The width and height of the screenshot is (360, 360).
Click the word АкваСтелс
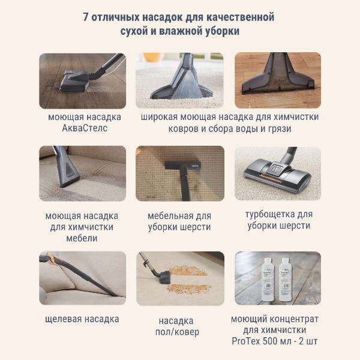coord(85,129)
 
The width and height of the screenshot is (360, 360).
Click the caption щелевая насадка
coord(82,319)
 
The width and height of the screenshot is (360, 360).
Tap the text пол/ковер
coord(179,332)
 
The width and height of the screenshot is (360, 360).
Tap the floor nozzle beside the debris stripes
coord(160,275)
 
